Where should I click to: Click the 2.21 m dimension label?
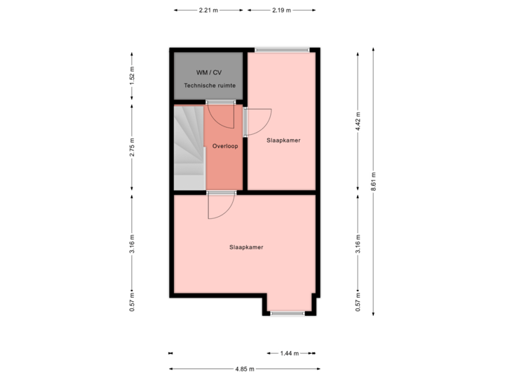coord(208,11)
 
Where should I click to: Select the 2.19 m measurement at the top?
coord(281,11)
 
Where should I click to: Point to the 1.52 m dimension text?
coord(132,76)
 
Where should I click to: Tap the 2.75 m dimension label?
coord(132,147)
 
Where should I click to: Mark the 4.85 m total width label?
coord(245,369)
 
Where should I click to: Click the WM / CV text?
coord(208,73)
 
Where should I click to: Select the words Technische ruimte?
coord(210,86)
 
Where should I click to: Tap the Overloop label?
coord(225,146)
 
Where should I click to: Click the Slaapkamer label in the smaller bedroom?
coord(283,140)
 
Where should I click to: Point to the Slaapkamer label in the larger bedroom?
coord(245,247)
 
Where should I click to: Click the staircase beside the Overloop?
coord(188,147)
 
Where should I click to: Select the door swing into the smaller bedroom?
coord(258,124)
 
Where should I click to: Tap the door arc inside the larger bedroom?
coord(220,206)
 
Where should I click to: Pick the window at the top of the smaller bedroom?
coord(281,49)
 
